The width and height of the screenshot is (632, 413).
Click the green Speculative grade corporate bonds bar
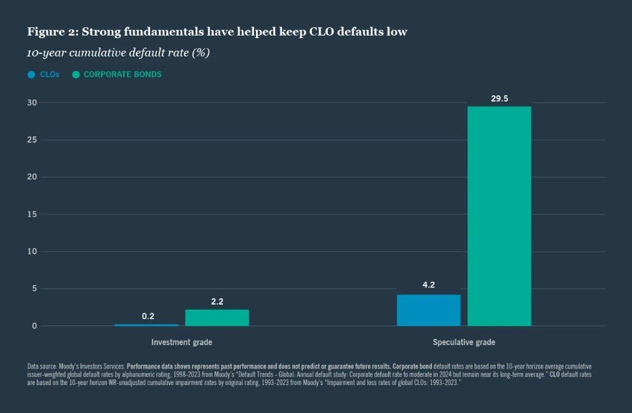pyautogui.click(x=499, y=216)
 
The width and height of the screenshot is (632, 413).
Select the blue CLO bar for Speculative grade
pyautogui.click(x=429, y=310)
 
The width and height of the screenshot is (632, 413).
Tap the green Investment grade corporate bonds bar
pyautogui.click(x=217, y=318)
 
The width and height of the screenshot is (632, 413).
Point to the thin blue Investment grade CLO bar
pyautogui.click(x=147, y=325)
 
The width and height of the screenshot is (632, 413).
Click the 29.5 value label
pyautogui.click(x=499, y=98)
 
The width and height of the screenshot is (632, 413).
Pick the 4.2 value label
pyautogui.click(x=429, y=285)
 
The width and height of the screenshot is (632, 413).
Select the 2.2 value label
pyautogui.click(x=217, y=301)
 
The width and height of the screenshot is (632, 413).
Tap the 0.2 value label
pyautogui.click(x=147, y=316)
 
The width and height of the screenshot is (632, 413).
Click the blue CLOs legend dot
pyautogui.click(x=31, y=75)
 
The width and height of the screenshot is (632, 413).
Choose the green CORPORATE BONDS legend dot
pyautogui.click(x=76, y=75)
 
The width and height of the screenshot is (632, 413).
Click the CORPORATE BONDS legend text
pyautogui.click(x=123, y=75)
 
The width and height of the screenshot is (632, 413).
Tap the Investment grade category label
pyautogui.click(x=182, y=343)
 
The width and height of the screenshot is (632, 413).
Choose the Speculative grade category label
pyautogui.click(x=464, y=343)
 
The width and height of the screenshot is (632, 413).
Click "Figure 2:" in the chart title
pyautogui.click(x=49, y=32)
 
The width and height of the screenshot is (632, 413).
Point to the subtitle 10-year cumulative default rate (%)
pyautogui.click(x=118, y=53)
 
